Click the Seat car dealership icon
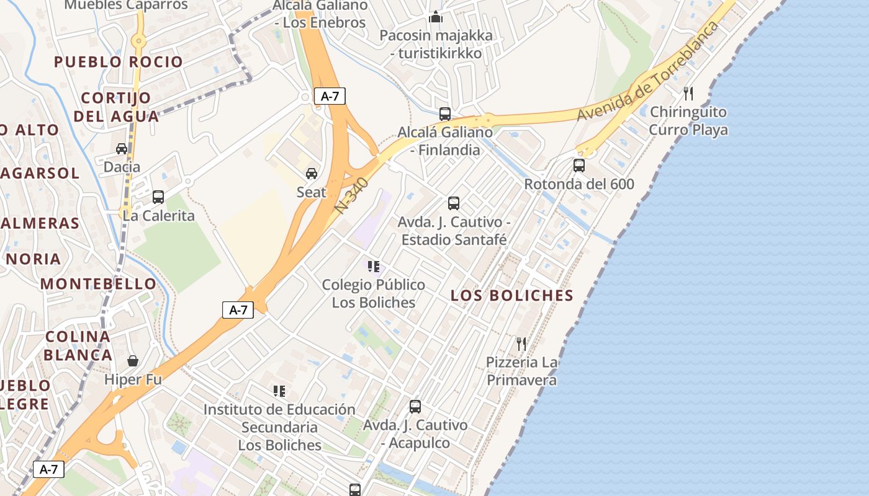312,174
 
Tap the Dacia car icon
122,149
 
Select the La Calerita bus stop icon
158,197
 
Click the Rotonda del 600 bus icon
579,166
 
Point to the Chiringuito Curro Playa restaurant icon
688,94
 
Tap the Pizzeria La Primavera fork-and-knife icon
521,343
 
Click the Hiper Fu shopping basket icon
133,361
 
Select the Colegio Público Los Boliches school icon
374,267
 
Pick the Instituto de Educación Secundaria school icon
279,391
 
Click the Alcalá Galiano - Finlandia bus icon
445,113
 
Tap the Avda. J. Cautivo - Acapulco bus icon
415,407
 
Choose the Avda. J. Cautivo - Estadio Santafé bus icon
454,203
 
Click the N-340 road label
352,195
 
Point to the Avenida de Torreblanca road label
647,72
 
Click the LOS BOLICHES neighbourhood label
512,296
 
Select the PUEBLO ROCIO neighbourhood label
119,62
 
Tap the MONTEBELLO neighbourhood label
99,284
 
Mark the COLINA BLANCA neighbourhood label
78,346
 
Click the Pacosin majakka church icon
436,17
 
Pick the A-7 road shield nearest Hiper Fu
238,310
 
